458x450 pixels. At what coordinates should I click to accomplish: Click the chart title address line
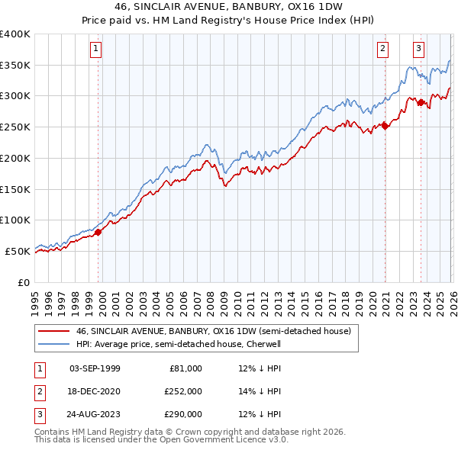(229, 8)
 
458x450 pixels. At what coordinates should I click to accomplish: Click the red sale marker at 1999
(98, 232)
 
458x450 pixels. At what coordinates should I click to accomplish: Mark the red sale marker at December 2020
(385, 126)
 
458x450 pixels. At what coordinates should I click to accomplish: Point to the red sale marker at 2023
(421, 102)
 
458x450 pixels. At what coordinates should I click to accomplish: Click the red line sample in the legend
(54, 331)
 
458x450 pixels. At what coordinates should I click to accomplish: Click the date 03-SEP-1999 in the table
(95, 368)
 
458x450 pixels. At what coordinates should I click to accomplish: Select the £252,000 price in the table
(182, 391)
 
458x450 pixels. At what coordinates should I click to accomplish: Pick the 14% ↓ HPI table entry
(260, 391)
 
